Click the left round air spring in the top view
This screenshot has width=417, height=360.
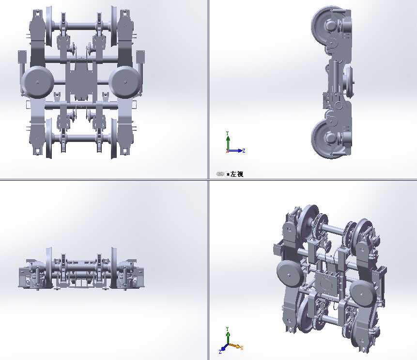click(37, 82)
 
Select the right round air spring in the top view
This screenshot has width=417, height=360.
click(125, 82)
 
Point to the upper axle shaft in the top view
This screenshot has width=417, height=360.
click(81, 25)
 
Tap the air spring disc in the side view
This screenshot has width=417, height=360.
click(351, 81)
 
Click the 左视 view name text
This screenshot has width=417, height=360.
click(237, 174)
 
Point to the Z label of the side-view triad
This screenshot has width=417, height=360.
click(244, 151)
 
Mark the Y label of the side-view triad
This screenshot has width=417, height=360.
click(227, 133)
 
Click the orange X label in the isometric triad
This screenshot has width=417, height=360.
click(242, 348)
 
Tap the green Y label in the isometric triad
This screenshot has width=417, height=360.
click(227, 329)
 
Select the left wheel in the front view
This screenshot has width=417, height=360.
click(49, 269)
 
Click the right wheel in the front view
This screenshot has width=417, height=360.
click(114, 269)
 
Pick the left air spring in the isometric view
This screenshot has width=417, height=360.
click(289, 275)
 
